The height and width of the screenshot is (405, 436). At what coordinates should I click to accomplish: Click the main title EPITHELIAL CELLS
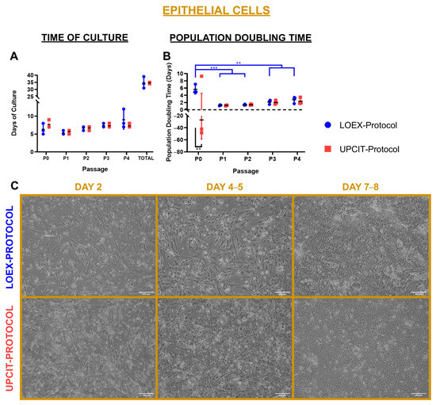(x=217, y=10)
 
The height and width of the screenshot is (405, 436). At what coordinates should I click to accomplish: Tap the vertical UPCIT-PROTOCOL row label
(x=9, y=342)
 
